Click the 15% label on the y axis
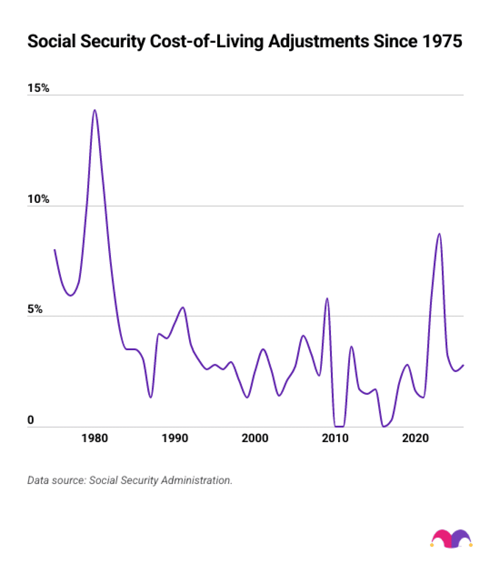tap(38, 88)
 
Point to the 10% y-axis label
tap(38, 199)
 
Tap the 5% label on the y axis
tap(35, 310)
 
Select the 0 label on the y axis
tap(30, 420)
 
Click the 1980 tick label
tap(95, 438)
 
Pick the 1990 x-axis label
tap(175, 438)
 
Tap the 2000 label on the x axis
tap(255, 438)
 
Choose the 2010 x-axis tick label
tap(335, 438)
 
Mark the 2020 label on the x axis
tap(415, 438)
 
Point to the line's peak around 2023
tap(439, 234)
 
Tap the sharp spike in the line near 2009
tap(327, 299)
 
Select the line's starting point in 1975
tap(55, 250)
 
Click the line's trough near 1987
tap(151, 397)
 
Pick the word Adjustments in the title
tap(318, 41)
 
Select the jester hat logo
tap(452, 539)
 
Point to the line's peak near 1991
tap(182, 308)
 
